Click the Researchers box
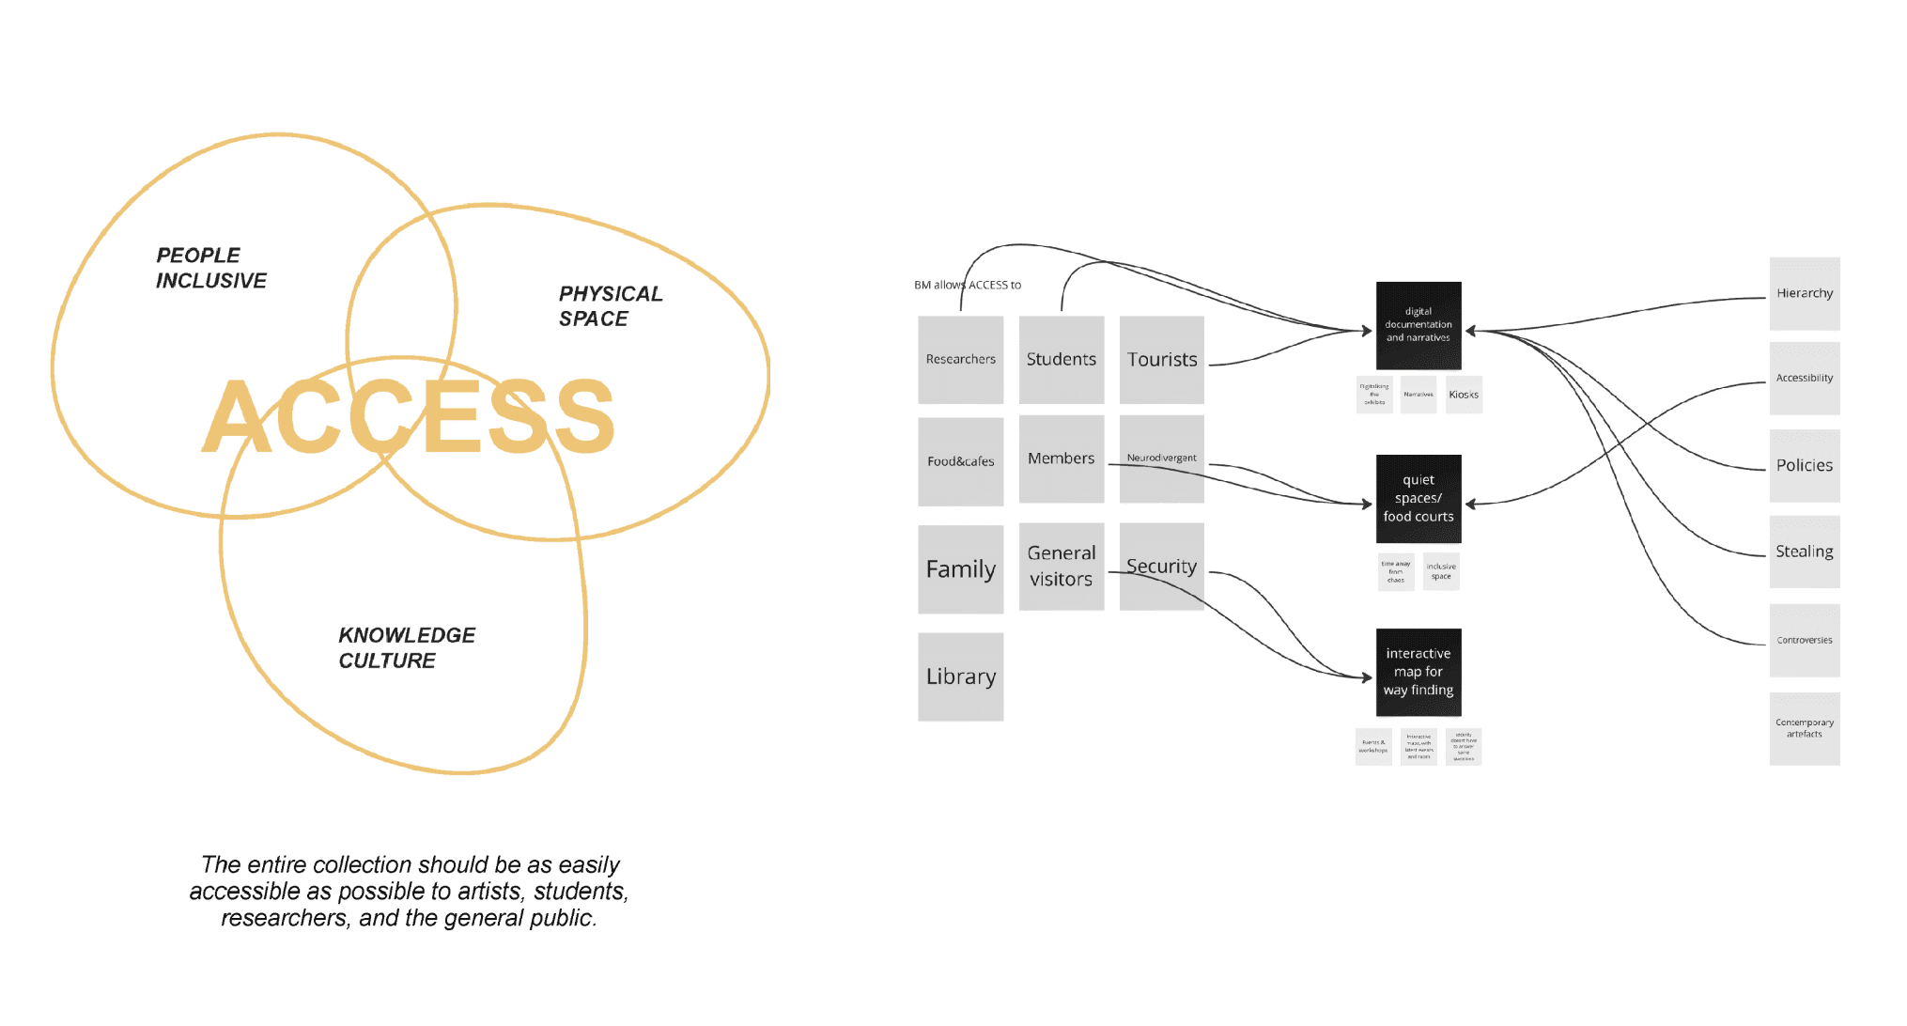tap(960, 360)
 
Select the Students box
tap(1061, 360)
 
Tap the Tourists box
tap(1161, 360)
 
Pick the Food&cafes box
tap(960, 461)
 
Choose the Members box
tap(1061, 459)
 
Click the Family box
tap(960, 569)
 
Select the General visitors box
tap(1061, 567)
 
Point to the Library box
tap(960, 676)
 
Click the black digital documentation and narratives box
tap(1418, 325)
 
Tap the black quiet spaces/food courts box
tap(1418, 498)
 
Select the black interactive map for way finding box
tap(1418, 672)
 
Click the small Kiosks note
tap(1463, 395)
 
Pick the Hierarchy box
tap(1804, 293)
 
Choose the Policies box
tap(1804, 465)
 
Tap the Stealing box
tap(1804, 552)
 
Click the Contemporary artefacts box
tap(1804, 728)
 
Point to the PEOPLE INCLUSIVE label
tap(210, 268)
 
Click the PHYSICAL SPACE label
tap(610, 306)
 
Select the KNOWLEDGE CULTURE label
tap(406, 647)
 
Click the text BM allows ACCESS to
tap(967, 285)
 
